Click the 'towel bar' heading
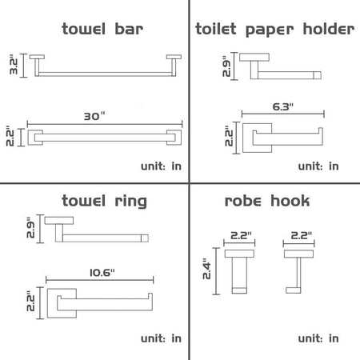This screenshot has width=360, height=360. pyautogui.click(x=102, y=29)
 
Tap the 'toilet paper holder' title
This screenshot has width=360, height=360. pyautogui.click(x=275, y=30)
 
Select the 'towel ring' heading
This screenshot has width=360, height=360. pyautogui.click(x=104, y=202)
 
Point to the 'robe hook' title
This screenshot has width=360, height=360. pyautogui.click(x=267, y=201)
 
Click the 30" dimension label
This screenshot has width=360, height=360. pyautogui.click(x=94, y=116)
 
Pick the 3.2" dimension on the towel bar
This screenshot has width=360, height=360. pyautogui.click(x=14, y=64)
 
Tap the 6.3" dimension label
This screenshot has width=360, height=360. pyautogui.click(x=282, y=106)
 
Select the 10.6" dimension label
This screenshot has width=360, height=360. pyautogui.click(x=102, y=273)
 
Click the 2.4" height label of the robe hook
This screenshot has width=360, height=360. pyautogui.click(x=206, y=269)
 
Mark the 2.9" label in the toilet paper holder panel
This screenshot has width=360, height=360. pyautogui.click(x=226, y=66)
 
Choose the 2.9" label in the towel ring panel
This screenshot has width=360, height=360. pyautogui.click(x=30, y=227)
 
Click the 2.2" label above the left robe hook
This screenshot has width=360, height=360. pyautogui.click(x=241, y=235)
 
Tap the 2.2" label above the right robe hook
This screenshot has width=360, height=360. pyautogui.click(x=301, y=235)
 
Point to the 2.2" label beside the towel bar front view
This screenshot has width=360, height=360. pyautogui.click(x=10, y=136)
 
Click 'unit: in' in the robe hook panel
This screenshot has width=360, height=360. pyautogui.click(x=318, y=338)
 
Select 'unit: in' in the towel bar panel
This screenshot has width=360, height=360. pyautogui.click(x=161, y=166)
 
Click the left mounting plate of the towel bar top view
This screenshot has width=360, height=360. pyautogui.click(x=37, y=57)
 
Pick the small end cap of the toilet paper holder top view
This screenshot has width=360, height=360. pyautogui.click(x=317, y=75)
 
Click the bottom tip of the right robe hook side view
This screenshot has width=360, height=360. pyautogui.click(x=293, y=293)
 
